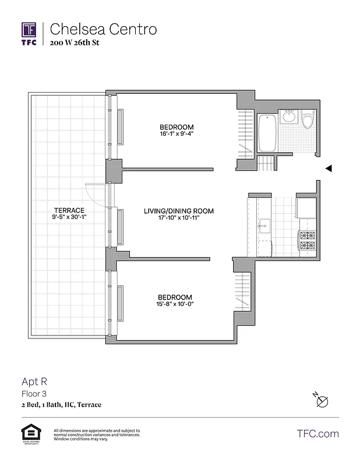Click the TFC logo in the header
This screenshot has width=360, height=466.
point(29,33)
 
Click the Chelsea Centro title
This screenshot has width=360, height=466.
point(103,29)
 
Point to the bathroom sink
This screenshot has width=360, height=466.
point(288,116)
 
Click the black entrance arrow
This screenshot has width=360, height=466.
point(329,168)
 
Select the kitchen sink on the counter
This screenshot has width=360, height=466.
point(264,225)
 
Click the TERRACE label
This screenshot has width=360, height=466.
point(69,210)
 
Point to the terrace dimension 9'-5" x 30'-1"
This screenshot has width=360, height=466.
point(69,218)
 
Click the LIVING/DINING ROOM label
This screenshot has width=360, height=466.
point(179,211)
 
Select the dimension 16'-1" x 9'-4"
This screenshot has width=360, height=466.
point(177,134)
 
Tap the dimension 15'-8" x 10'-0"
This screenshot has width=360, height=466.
point(176,303)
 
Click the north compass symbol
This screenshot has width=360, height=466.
point(322,401)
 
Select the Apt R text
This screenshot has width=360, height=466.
point(34,382)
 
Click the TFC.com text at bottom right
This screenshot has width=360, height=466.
point(317,433)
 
